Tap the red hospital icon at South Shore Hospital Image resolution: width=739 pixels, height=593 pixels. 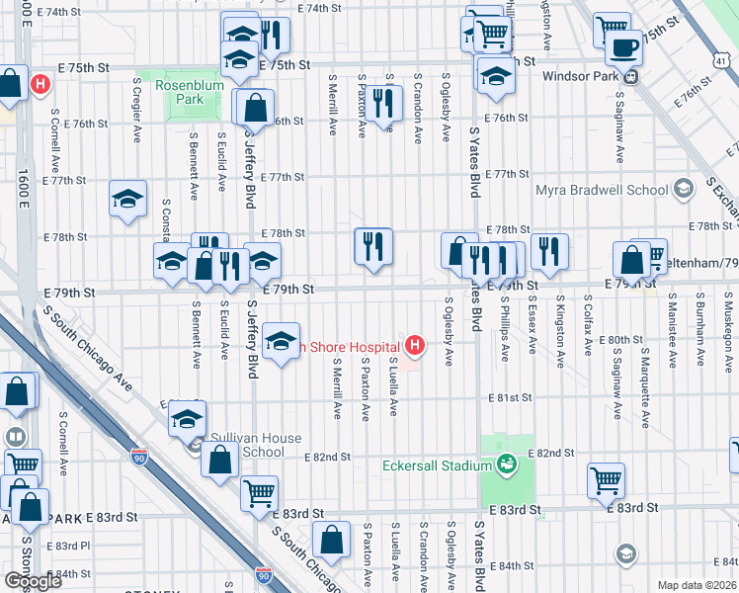pos(416,346)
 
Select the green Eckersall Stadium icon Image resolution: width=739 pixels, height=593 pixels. pos(507,464)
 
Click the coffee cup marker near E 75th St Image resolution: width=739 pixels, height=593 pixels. pos(623,47)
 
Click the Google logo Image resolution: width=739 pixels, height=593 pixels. pos(34,580)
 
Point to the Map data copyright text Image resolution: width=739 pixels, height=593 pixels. pos(698,585)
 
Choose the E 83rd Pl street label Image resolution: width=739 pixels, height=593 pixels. pos(67,546)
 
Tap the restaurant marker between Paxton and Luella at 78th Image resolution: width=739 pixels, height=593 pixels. pos(373,247)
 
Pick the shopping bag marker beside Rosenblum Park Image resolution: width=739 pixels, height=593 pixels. pos(256,109)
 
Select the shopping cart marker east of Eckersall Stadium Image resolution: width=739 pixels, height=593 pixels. pos(606,480)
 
